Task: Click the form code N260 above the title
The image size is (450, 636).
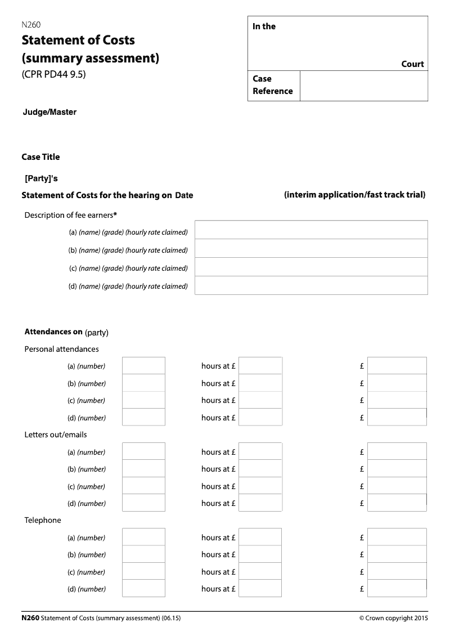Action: point(31,24)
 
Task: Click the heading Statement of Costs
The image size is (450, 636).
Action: point(78,41)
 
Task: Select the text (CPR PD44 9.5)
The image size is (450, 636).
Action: point(53,74)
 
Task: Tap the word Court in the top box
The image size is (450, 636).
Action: point(412,64)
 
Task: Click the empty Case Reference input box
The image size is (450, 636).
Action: point(363,86)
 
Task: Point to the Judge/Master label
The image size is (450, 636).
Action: point(49,112)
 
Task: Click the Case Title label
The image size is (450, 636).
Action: point(40,157)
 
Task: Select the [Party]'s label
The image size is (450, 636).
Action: point(42,178)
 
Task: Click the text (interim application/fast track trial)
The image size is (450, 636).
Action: point(354,195)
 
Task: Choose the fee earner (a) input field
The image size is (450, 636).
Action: point(311,230)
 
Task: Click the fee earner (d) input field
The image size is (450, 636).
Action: point(311,285)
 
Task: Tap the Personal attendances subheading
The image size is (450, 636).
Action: point(61,349)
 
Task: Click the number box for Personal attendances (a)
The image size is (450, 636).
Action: point(143,366)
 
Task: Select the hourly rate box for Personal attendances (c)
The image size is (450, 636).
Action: point(260,400)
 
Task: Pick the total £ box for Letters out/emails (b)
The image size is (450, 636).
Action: point(397,469)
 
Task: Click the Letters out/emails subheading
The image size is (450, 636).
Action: point(56,435)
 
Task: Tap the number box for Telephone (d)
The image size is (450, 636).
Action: point(143,589)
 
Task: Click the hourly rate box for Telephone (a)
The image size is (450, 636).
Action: point(260,538)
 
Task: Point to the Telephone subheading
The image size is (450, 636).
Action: point(43,520)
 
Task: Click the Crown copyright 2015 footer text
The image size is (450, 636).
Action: point(394,618)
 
